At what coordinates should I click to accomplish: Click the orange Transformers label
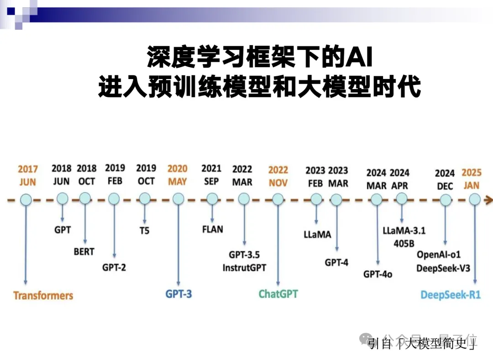pos(43,295)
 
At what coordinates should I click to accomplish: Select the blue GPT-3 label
pos(178,294)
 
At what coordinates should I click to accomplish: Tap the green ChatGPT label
pos(278,293)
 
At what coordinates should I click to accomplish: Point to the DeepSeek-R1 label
pos(451,295)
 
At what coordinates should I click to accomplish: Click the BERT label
pos(84,251)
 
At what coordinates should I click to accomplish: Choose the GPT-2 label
pos(114,267)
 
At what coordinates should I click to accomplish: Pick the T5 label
pos(144,231)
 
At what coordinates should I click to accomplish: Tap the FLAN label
pos(212,229)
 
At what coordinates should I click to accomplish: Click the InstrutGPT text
pos(244,268)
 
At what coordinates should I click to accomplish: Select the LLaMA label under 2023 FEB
pos(317,235)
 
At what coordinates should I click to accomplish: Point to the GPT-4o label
pos(378,274)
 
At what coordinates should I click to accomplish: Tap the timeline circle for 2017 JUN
pos(26,199)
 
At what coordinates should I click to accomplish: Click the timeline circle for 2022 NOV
pos(278,199)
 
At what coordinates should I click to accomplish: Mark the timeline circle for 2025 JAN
pos(475,199)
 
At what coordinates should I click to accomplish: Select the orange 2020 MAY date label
pos(177,175)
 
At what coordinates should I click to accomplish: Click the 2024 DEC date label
pos(445,180)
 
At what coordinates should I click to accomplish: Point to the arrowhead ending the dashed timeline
pos(489,199)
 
